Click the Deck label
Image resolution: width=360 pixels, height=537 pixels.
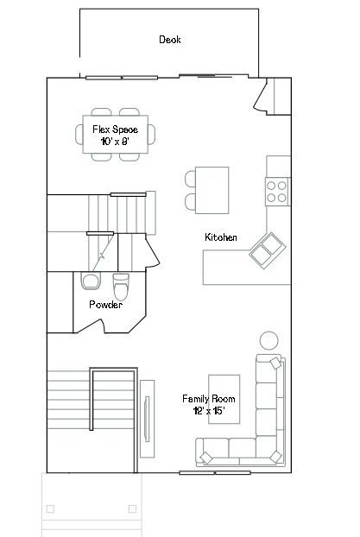170,40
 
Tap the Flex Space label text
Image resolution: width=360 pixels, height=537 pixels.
115,130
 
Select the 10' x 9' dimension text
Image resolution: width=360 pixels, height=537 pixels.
115,141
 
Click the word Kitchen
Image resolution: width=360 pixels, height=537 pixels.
221,237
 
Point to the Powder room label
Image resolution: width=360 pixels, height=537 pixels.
105,305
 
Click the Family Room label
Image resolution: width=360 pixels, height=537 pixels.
209,399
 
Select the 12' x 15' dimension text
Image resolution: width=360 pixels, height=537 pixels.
209,410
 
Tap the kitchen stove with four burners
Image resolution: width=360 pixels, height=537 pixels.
277,192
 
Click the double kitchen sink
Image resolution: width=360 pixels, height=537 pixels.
267,250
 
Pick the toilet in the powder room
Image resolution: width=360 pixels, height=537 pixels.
121,287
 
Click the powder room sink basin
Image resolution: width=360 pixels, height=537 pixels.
91,281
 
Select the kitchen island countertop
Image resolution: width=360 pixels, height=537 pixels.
212,190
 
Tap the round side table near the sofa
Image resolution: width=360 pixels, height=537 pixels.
268,340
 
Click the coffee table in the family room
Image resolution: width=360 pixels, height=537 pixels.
224,400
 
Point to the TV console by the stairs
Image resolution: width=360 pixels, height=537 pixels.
147,419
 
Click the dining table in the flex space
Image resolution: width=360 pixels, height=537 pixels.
116,135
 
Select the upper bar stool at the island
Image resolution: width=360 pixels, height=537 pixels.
191,179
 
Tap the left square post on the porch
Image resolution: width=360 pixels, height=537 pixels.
50,509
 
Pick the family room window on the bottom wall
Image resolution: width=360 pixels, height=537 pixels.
215,473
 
